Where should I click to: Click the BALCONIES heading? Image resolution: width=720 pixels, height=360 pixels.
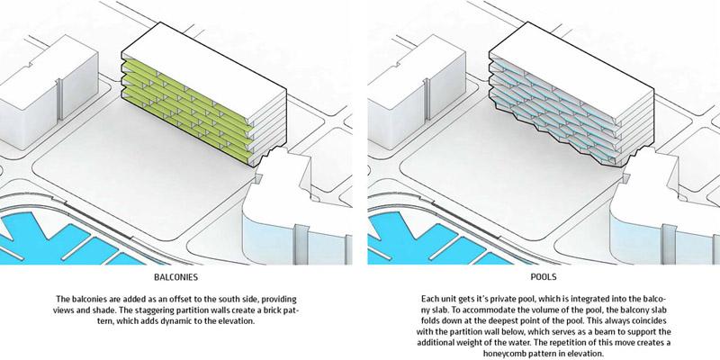pyautogui.click(x=175, y=277)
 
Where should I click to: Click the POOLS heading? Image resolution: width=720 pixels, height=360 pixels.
pyautogui.click(x=544, y=277)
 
